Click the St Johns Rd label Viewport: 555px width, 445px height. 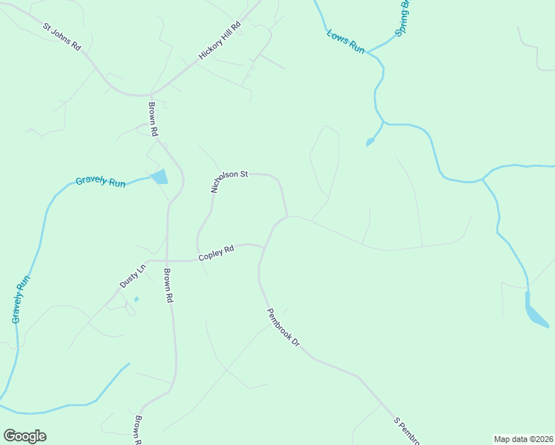pyautogui.click(x=62, y=37)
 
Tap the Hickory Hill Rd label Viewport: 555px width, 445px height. pyautogui.click(x=220, y=42)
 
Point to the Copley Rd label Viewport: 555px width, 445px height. pyautogui.click(x=216, y=254)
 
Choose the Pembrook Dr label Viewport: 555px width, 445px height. pyautogui.click(x=282, y=328)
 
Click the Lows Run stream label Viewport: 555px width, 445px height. pyautogui.click(x=346, y=41)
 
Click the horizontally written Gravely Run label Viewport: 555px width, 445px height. pyautogui.click(x=101, y=182)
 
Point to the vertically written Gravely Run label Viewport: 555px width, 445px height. pyautogui.click(x=21, y=299)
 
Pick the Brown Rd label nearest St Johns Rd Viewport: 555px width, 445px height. pyautogui.click(x=154, y=119)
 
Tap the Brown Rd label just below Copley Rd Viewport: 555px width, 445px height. pyautogui.click(x=168, y=286)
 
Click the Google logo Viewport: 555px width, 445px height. pyautogui.click(x=24, y=436)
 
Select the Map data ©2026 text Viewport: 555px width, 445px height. pyautogui.click(x=523, y=438)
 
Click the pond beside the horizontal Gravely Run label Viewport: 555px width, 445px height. pyautogui.click(x=160, y=177)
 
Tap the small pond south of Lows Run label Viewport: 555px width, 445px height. pyautogui.click(x=370, y=142)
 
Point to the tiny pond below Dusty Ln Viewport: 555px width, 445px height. pyautogui.click(x=136, y=300)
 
